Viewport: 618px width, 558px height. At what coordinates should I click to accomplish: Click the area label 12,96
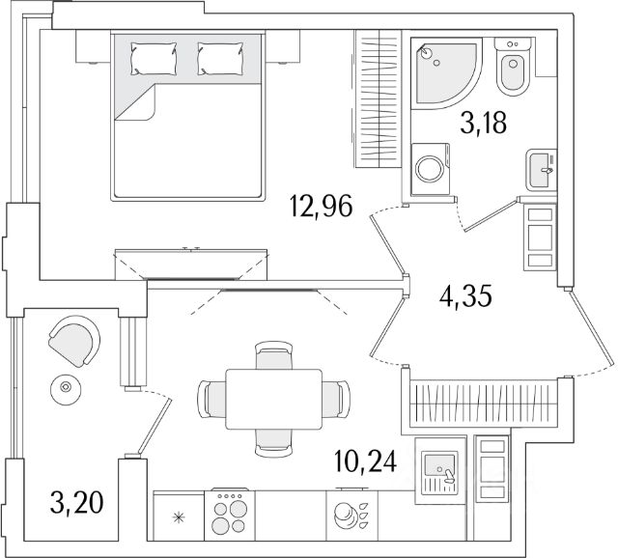(321, 207)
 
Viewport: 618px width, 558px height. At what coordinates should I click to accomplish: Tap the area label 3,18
(481, 125)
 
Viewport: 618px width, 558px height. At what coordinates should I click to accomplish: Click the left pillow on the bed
(154, 59)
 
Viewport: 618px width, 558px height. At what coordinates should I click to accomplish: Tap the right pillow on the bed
(221, 59)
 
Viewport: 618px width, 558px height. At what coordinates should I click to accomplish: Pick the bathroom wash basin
(541, 171)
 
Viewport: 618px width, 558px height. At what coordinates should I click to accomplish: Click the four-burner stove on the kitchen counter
(230, 512)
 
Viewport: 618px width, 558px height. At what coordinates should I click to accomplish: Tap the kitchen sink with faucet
(440, 470)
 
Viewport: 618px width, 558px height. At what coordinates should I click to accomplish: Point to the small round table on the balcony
(67, 388)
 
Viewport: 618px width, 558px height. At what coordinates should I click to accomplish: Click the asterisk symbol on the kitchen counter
(178, 518)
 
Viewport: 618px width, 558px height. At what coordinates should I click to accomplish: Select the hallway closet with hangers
(486, 399)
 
